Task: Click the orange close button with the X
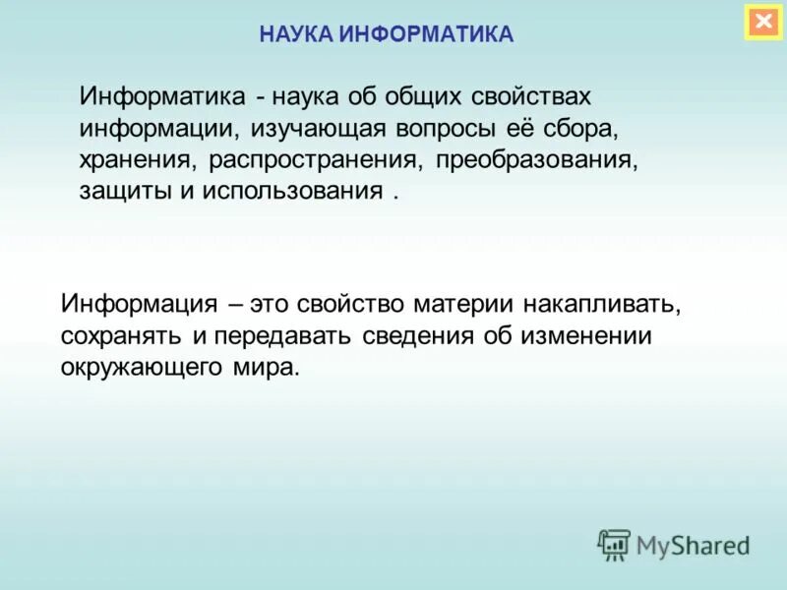(763, 21)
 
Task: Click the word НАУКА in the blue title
(296, 34)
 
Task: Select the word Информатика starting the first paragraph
(162, 98)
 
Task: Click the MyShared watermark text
(693, 544)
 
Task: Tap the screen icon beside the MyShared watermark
(614, 543)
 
